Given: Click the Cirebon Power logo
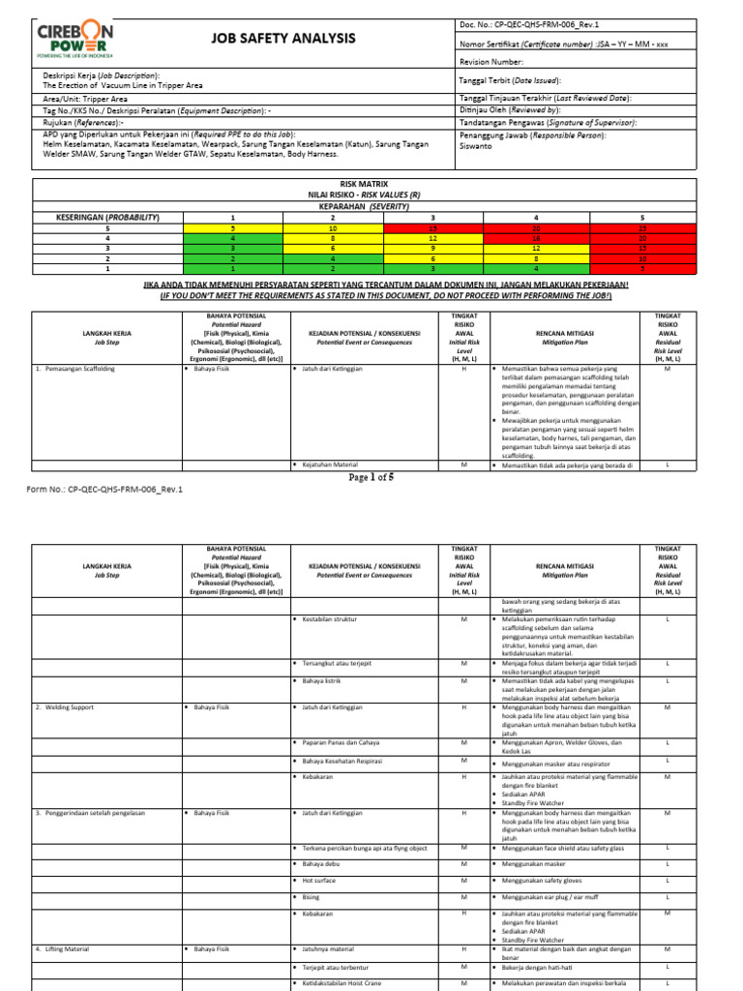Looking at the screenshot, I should coord(74,41).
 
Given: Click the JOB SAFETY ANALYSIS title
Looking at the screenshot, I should coord(283,39).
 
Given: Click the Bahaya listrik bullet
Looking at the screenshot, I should coord(326,680).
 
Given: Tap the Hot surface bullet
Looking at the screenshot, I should coord(322,880).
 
